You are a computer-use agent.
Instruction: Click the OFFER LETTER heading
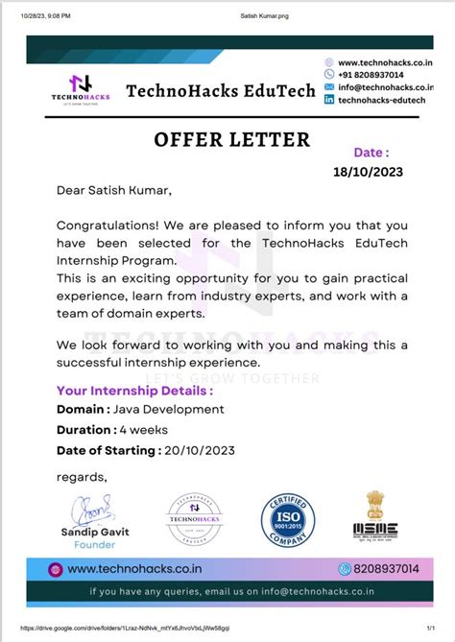coord(231,140)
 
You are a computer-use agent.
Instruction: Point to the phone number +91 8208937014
coord(371,74)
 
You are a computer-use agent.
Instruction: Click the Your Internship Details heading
coord(134,391)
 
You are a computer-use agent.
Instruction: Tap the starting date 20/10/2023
coord(200,450)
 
